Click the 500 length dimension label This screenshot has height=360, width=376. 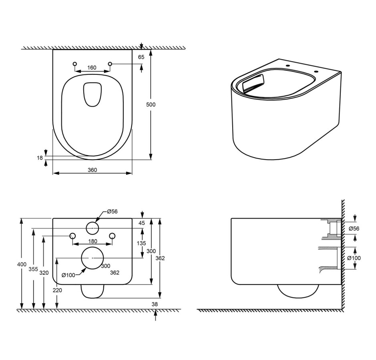coord(151,105)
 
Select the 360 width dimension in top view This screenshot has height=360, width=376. coord(92,170)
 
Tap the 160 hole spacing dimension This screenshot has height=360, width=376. coord(92,68)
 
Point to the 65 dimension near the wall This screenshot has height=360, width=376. coord(141,57)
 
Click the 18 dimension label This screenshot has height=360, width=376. coord(40,158)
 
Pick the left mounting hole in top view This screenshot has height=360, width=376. coord(75,64)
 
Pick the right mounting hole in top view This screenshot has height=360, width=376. coord(110,64)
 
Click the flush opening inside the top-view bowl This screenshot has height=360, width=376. coord(92,94)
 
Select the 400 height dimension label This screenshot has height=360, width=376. coord(22,264)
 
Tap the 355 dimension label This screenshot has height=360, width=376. coord(33,269)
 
